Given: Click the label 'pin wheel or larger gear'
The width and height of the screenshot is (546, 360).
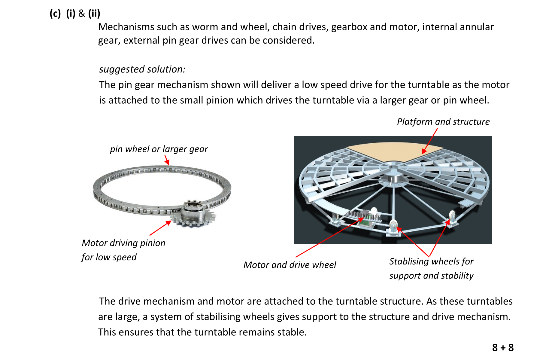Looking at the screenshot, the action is tap(159, 149).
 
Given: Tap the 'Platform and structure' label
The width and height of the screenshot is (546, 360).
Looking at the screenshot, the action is tap(443, 122).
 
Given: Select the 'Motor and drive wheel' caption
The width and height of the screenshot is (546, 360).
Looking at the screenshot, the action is tap(290, 265).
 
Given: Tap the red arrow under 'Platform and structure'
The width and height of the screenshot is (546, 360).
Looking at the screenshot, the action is tap(430, 141).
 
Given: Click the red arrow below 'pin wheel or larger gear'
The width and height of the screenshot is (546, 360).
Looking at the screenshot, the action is tap(167, 160).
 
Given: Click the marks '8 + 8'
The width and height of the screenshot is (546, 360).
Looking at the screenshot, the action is tap(503, 348).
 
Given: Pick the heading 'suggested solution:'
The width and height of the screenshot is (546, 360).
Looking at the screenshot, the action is tap(142, 69).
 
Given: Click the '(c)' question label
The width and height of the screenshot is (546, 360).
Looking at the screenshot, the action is tap(55, 14).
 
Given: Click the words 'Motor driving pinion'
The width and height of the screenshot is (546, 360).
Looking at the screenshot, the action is tap(123, 243).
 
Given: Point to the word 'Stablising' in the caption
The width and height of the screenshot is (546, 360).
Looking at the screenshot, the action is tap(409, 261).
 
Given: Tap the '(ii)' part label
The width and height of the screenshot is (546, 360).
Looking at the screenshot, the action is tap(94, 14).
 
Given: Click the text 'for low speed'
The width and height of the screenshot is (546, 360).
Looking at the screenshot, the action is tap(109, 257).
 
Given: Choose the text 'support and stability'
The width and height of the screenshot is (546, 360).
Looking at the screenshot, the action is tap(431, 276).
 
